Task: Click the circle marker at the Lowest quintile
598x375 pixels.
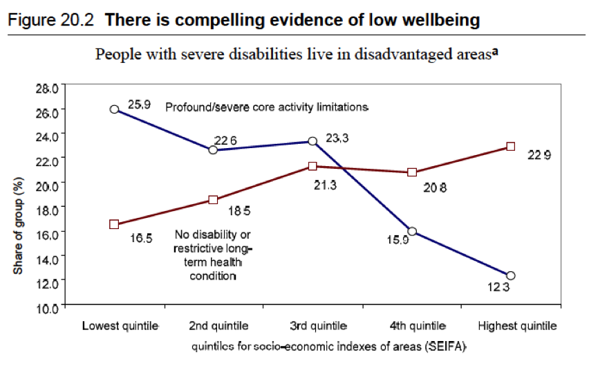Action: (x=115, y=109)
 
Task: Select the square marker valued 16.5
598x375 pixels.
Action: (x=115, y=224)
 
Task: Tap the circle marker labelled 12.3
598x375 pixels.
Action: (x=511, y=275)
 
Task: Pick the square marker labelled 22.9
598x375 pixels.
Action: (x=511, y=147)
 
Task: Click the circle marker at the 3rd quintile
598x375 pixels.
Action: (x=312, y=141)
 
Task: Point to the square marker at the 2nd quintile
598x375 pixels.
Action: (x=214, y=200)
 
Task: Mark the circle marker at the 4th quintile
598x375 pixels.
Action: (x=412, y=231)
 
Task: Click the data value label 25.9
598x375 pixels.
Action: (x=138, y=104)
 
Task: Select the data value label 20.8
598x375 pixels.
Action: (x=432, y=187)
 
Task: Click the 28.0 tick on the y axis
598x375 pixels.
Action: (x=52, y=86)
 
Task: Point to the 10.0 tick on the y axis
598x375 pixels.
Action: (x=52, y=305)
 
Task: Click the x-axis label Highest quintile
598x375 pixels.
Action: (x=516, y=325)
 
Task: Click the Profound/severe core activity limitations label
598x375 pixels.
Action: (x=266, y=107)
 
